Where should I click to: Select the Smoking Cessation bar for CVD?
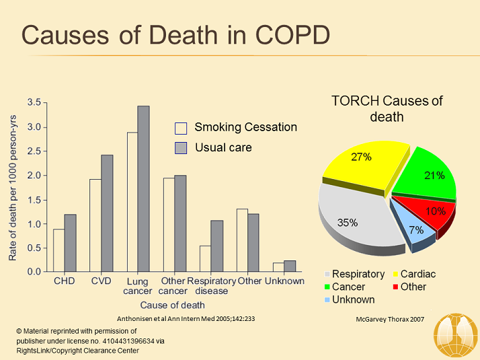click(x=95, y=225)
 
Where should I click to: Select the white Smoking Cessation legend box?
click(x=180, y=128)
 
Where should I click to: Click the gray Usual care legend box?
click(x=180, y=147)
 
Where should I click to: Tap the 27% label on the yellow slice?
click(x=361, y=157)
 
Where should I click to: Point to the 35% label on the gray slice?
click(x=347, y=222)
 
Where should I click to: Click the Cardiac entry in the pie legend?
click(x=418, y=274)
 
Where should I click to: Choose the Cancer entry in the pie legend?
click(x=349, y=287)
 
